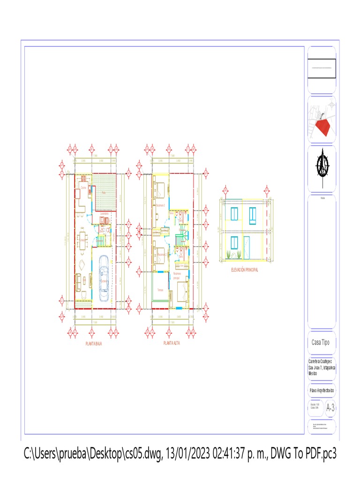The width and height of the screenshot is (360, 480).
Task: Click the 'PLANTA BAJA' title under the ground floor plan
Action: coord(94,343)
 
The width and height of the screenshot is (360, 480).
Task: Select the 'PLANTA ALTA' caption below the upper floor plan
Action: coord(172,343)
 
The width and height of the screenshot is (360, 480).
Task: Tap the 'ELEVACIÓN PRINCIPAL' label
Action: coord(244,270)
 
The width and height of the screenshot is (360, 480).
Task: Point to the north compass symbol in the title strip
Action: coord(322,166)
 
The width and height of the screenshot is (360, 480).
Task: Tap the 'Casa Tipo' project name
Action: coord(321,342)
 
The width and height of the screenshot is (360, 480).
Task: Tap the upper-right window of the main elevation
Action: coord(254,214)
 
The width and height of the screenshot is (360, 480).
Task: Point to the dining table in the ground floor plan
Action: coord(83,238)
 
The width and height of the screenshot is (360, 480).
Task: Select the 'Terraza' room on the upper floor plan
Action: coord(161,290)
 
